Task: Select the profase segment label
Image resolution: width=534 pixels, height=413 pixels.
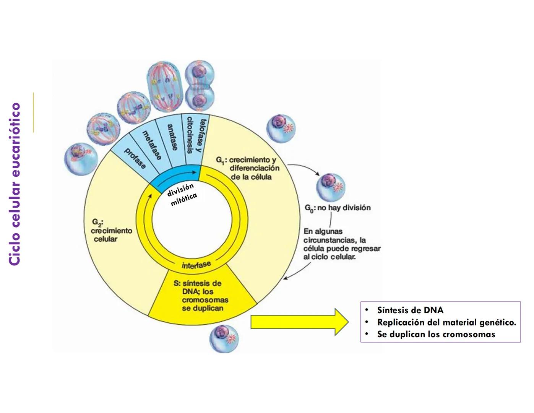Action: point(135,158)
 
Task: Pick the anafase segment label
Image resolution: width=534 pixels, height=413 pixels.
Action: point(172,137)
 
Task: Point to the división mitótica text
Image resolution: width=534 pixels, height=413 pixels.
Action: point(182,194)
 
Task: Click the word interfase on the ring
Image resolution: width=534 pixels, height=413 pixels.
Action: point(196,265)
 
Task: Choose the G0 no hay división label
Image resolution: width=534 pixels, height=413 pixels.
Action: point(338,208)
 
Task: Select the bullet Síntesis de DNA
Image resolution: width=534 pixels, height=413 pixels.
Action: point(410,310)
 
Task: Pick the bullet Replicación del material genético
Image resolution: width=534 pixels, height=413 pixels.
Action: point(446,322)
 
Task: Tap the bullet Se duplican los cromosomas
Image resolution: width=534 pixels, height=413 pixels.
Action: point(436,335)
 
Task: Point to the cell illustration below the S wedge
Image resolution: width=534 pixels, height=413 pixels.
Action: point(224,338)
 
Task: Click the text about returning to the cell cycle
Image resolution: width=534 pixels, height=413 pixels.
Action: point(342,244)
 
